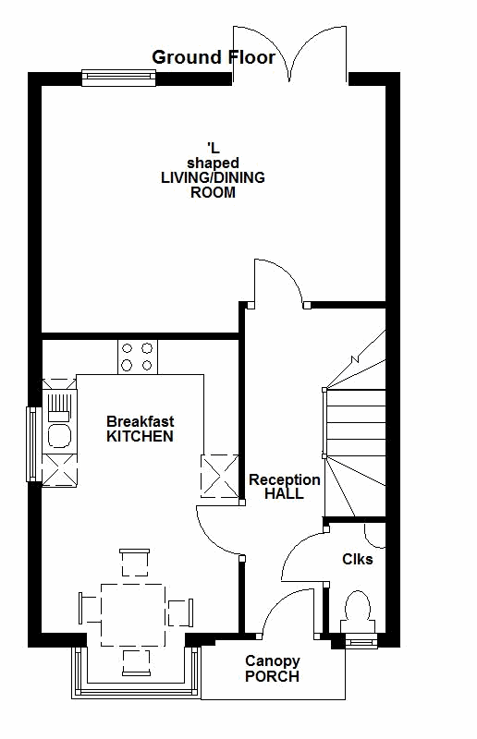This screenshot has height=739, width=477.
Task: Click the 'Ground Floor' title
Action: pyautogui.click(x=214, y=57)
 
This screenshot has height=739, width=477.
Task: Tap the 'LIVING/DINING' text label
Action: pyautogui.click(x=213, y=177)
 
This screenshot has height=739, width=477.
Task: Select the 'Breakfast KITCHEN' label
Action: pyautogui.click(x=141, y=429)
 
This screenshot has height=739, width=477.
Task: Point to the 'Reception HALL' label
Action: pyautogui.click(x=285, y=487)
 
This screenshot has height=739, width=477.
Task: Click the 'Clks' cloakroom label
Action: pyautogui.click(x=357, y=559)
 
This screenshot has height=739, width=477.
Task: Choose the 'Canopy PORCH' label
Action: pyautogui.click(x=272, y=669)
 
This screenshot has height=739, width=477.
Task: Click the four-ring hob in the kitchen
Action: pyautogui.click(x=138, y=357)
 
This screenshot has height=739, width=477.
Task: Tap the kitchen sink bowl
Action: pyautogui.click(x=59, y=435)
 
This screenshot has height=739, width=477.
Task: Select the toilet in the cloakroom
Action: pyautogui.click(x=358, y=612)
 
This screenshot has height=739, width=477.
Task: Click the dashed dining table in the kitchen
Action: pyautogui.click(x=133, y=615)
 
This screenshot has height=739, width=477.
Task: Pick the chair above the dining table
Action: pyautogui.click(x=134, y=563)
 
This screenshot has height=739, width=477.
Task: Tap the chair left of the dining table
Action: pyautogui.click(x=90, y=609)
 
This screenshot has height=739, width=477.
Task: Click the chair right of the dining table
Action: pyautogui.click(x=180, y=612)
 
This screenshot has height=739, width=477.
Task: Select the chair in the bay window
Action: pyautogui.click(x=137, y=662)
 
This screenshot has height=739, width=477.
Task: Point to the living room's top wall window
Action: pyautogui.click(x=119, y=79)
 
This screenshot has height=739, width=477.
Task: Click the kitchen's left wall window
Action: pyautogui.click(x=31, y=444)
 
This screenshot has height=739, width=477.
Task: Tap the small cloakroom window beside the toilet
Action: pyautogui.click(x=361, y=641)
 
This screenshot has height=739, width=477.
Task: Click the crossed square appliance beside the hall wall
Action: pyautogui.click(x=220, y=476)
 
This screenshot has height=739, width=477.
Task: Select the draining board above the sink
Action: pyautogui.click(x=59, y=406)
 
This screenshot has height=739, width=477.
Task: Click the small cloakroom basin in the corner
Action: pyautogui.click(x=375, y=536)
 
